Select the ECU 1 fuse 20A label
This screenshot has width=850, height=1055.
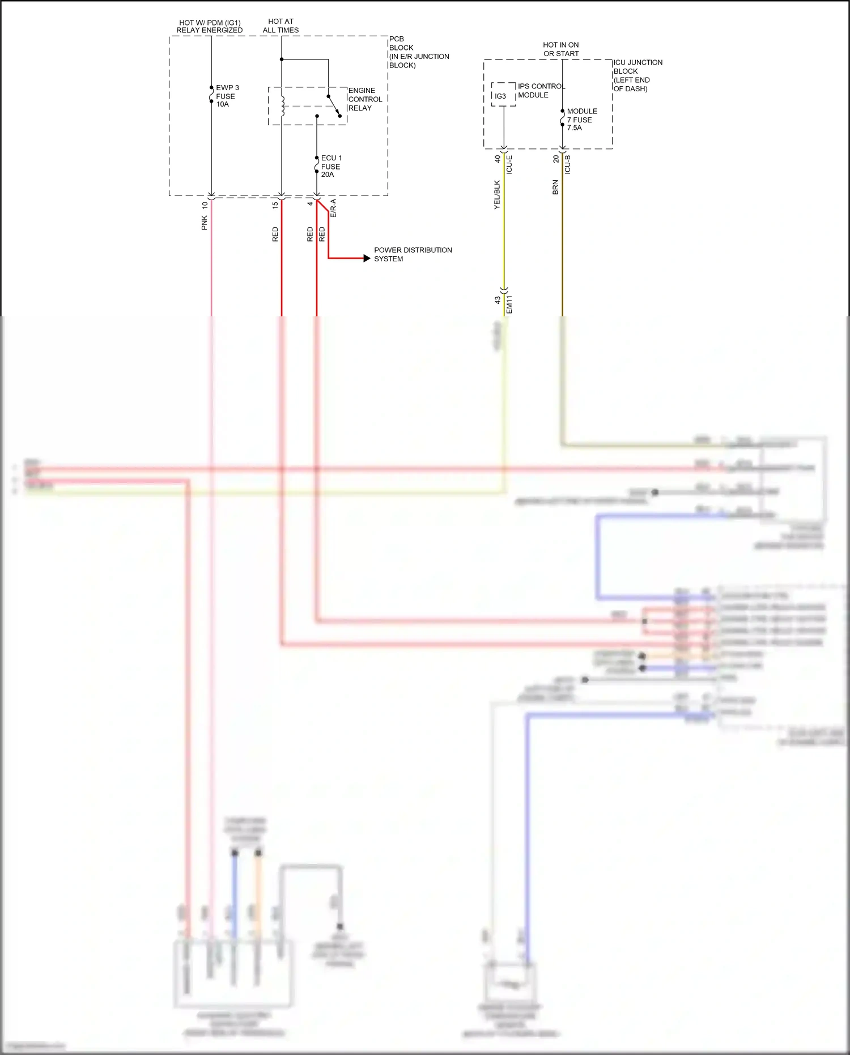pos(331,166)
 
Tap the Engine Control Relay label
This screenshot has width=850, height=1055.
pos(364,99)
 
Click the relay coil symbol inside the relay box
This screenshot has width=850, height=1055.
pos(282,106)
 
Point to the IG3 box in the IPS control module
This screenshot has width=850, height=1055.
pos(501,96)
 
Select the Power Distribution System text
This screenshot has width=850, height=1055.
pos(413,254)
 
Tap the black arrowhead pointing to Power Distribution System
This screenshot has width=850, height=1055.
pos(367,259)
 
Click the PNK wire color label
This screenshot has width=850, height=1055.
pos(205,223)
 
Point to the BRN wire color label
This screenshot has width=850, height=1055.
pos(555,188)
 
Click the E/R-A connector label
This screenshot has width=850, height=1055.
pos(333,209)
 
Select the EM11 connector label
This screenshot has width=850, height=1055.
pos(509,304)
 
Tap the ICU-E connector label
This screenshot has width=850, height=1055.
pos(509,164)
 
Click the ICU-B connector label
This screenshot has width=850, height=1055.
pos(567,164)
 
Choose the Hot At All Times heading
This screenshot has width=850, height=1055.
pos(280,26)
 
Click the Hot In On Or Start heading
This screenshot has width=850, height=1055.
pos(561,49)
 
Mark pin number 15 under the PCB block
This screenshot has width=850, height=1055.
pos(275,205)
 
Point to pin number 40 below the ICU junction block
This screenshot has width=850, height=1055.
pos(498,159)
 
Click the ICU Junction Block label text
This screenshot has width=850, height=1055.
pos(637,75)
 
